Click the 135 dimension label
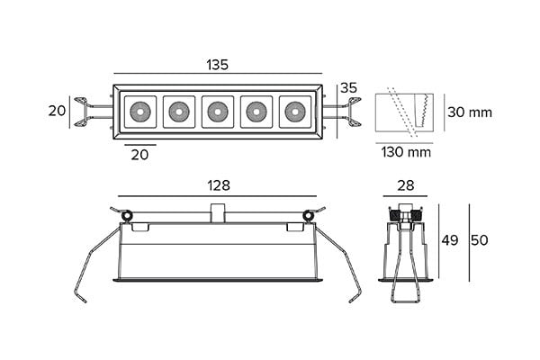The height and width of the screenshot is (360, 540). click(x=217, y=65)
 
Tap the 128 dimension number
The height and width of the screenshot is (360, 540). click(x=218, y=185)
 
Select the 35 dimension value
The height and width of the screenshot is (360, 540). click(x=348, y=88)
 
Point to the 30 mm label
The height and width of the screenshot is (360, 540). click(x=470, y=112)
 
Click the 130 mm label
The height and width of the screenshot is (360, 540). click(x=407, y=151)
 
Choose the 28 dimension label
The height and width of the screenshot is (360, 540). click(x=405, y=185)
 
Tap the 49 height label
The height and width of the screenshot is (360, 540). click(x=450, y=241)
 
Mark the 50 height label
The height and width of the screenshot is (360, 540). click(x=480, y=241)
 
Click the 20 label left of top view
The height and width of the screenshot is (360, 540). click(x=57, y=111)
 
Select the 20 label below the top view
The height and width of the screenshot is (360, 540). click(x=140, y=155)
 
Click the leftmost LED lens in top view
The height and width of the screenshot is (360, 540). click(x=140, y=112)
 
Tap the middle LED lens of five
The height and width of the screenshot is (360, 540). click(x=217, y=112)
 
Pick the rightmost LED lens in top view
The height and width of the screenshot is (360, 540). click(x=293, y=112)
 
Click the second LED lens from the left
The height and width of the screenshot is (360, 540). click(x=178, y=112)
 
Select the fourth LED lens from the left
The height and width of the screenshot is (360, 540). click(x=255, y=112)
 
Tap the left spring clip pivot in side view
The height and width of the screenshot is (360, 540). click(x=127, y=215)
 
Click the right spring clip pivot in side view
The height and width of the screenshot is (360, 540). click(x=309, y=215)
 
